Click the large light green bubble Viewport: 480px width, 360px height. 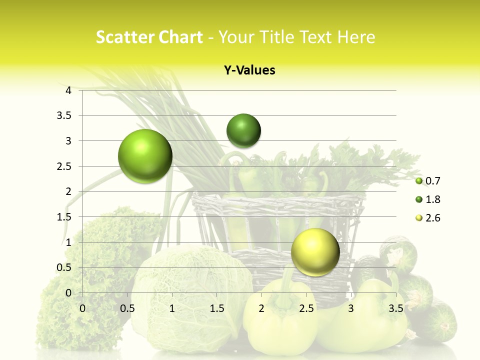[145, 156]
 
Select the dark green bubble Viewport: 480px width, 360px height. [243, 130]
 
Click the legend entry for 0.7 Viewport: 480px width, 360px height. [427, 180]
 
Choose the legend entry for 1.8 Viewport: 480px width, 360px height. [427, 199]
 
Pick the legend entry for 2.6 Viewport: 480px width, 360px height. [427, 218]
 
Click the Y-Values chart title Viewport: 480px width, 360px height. [249, 70]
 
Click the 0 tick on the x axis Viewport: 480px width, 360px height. [82, 308]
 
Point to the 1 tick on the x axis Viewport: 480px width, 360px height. [172, 308]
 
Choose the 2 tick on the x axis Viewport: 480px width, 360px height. [261, 308]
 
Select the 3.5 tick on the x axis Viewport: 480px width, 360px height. [395, 308]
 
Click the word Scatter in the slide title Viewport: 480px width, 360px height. [121, 37]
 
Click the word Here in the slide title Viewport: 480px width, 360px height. [356, 37]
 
